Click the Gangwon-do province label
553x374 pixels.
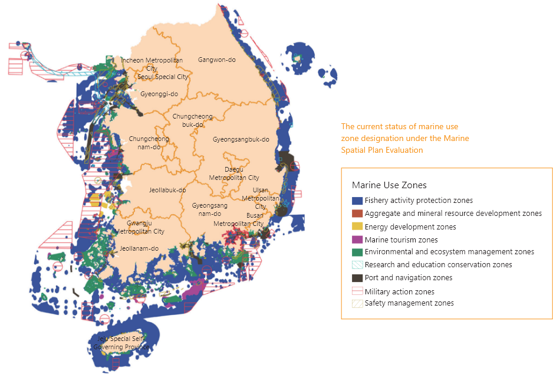coord(216,60)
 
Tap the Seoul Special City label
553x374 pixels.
coord(163,77)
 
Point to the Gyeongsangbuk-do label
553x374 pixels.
coord(241,140)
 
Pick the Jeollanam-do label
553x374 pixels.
coord(139,248)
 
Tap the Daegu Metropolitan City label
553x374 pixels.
coord(234,173)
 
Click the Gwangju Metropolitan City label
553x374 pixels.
coord(140,228)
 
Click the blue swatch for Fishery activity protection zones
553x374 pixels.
coord(357,201)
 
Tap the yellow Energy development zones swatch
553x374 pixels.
coord(357,227)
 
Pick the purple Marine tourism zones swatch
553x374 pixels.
coord(357,240)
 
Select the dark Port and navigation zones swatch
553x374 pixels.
coord(357,278)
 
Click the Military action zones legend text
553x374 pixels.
coord(399,291)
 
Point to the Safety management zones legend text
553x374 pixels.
coord(409,303)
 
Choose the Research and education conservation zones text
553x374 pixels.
coord(438,265)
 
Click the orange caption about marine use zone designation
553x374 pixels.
coord(405,138)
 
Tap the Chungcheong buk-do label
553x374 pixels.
coord(192,120)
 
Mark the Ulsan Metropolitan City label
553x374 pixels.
coord(260,198)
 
